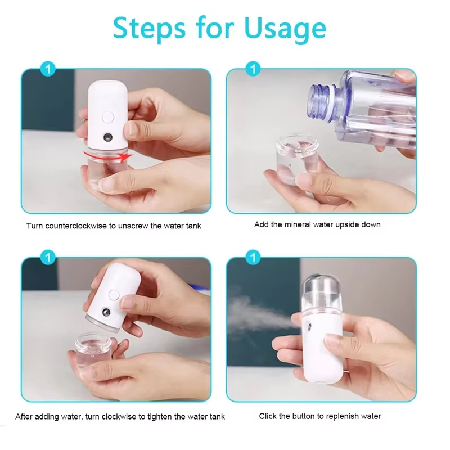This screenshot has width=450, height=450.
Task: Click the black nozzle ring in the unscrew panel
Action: tap(107, 137)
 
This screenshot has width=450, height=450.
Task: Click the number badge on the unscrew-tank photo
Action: tap(49, 69)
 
